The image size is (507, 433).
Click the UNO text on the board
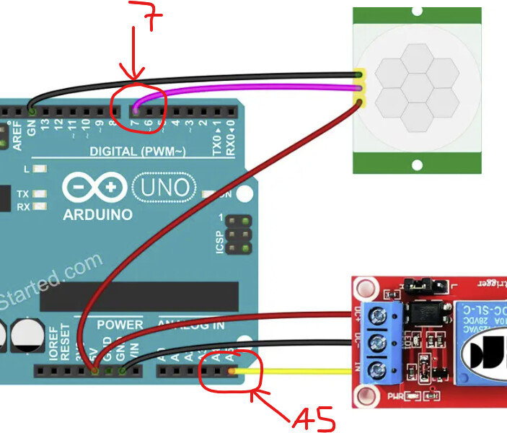[x=166, y=188]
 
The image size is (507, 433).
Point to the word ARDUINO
[x=97, y=214]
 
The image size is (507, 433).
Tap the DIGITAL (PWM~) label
[x=138, y=152]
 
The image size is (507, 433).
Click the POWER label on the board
[x=120, y=325]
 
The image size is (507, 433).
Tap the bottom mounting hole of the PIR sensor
[x=416, y=165]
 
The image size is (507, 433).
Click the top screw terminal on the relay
[x=377, y=315]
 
